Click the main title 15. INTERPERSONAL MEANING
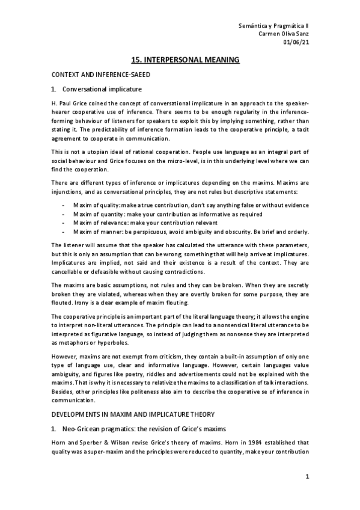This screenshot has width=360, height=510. click(186, 60)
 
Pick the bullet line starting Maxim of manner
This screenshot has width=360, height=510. click(191, 232)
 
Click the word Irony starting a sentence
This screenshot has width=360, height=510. click(61, 303)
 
